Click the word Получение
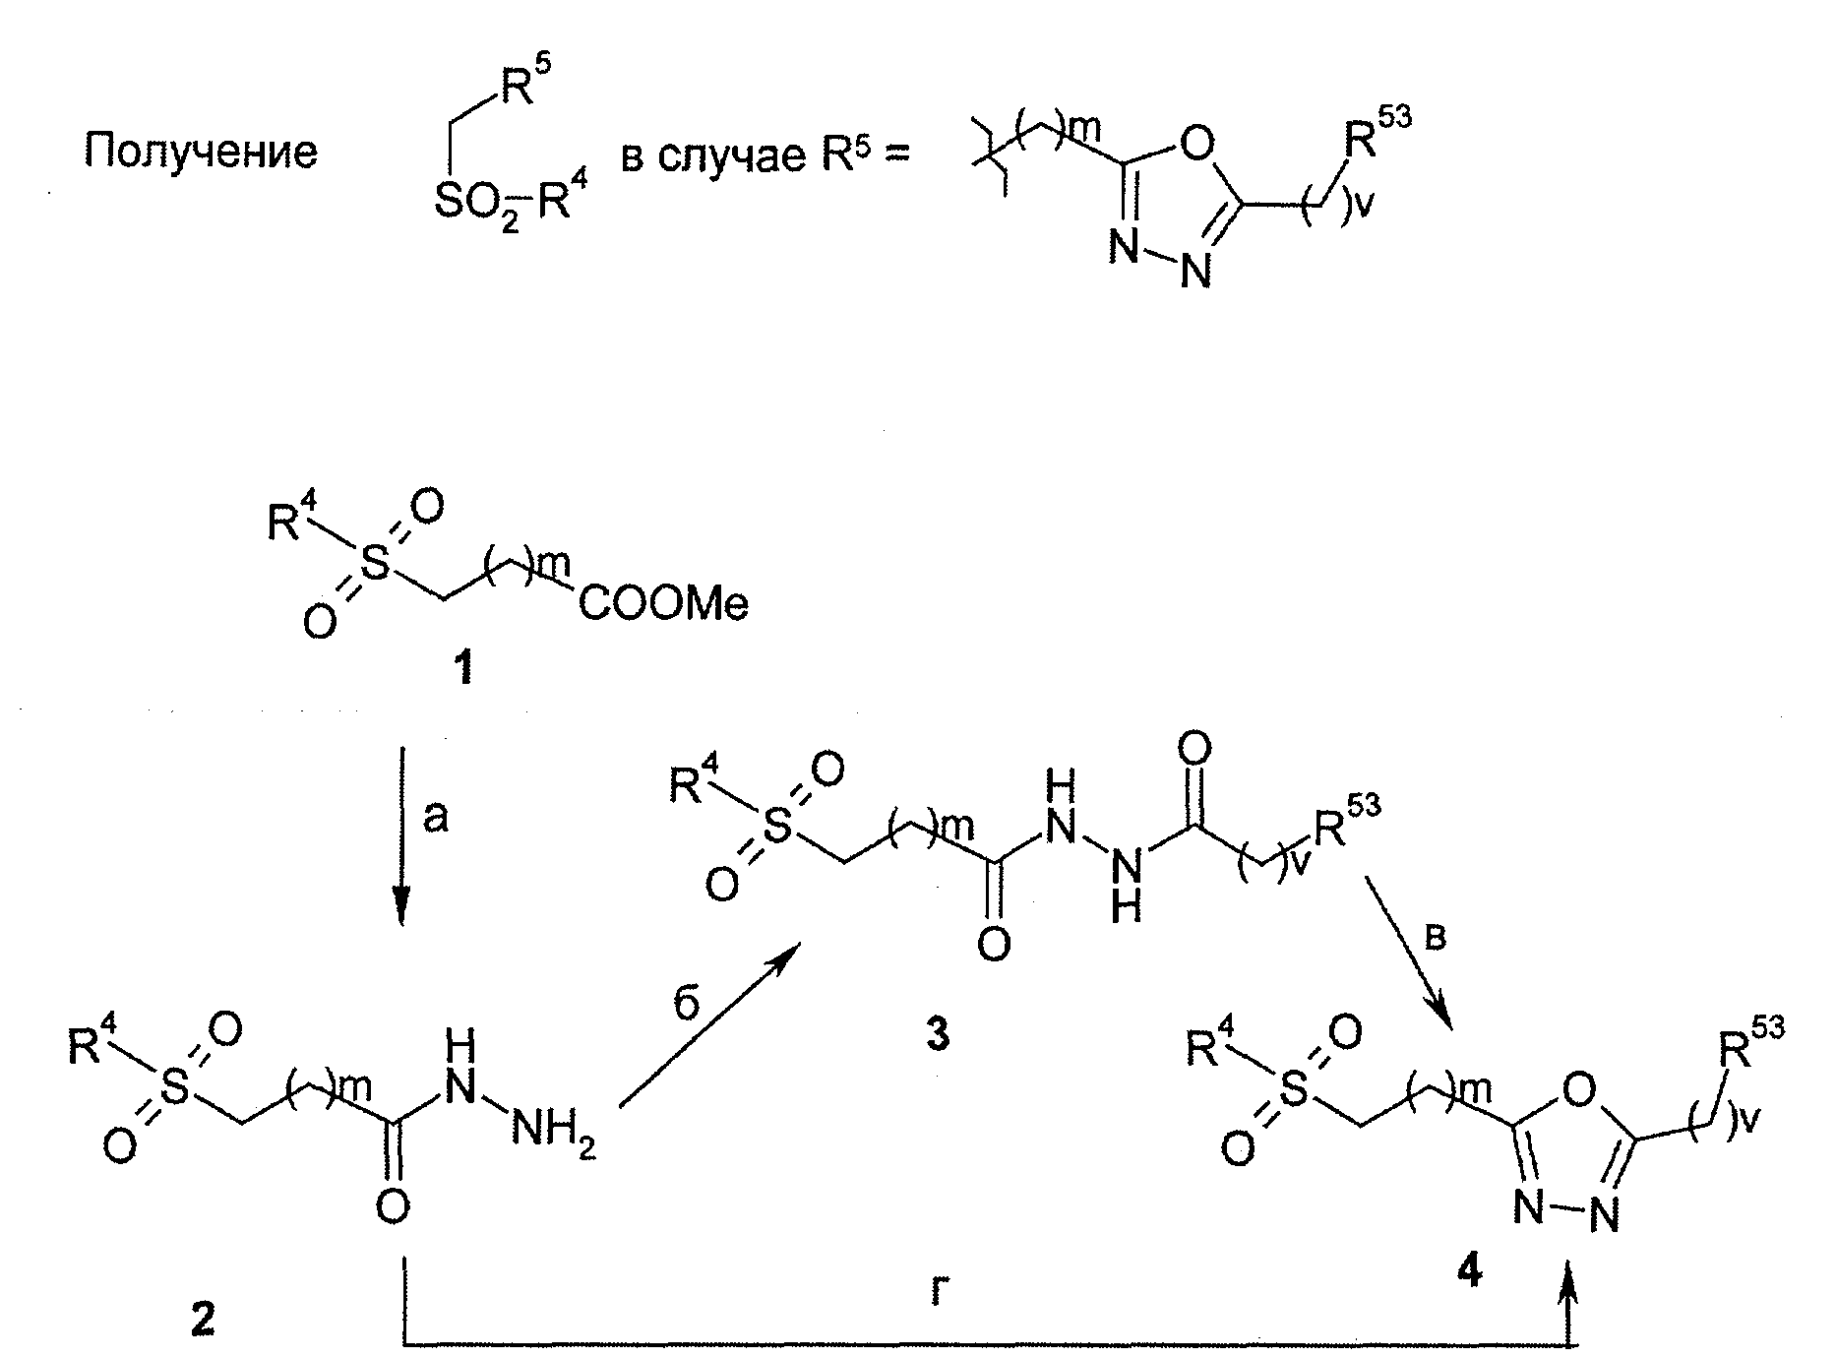tap(201, 153)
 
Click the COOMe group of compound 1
tap(662, 603)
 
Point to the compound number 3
tap(939, 1033)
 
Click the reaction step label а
tap(436, 817)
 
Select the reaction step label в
tap(1435, 938)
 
